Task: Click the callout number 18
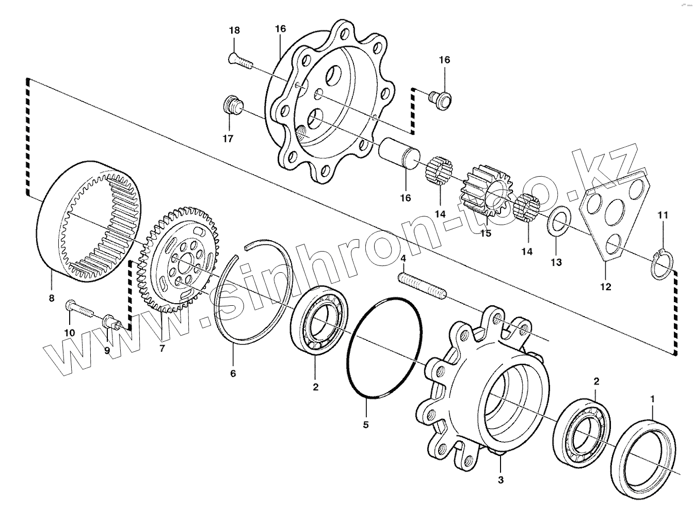point(234,30)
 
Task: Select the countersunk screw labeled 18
point(239,61)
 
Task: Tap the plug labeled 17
point(232,105)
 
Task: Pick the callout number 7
point(162,349)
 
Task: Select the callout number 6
point(233,373)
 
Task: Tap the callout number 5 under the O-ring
point(366,426)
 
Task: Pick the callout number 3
point(501,480)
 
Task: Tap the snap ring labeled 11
point(662,264)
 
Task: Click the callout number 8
point(51,297)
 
